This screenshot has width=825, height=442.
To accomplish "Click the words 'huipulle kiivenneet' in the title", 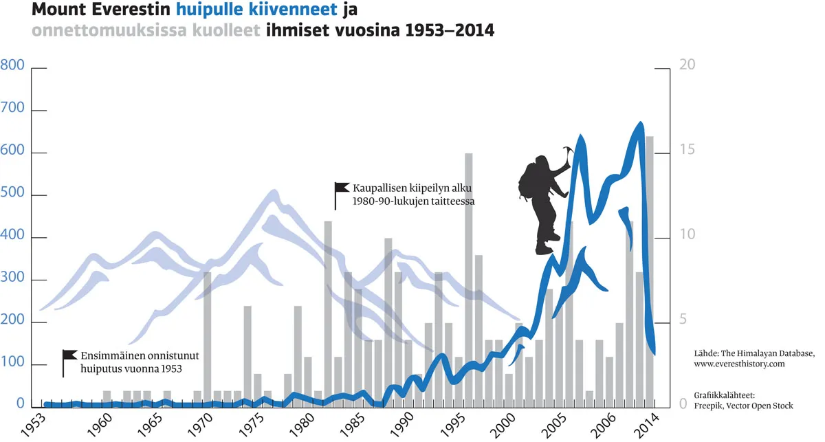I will (256, 10).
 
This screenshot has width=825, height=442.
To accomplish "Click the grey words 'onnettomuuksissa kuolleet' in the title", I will (145, 31).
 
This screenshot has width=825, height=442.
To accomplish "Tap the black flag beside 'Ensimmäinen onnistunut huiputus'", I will (69, 355).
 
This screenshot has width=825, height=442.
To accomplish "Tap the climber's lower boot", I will (544, 249).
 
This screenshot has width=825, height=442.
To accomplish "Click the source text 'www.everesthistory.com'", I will (740, 364).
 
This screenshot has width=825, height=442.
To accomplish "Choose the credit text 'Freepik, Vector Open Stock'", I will (744, 406).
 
